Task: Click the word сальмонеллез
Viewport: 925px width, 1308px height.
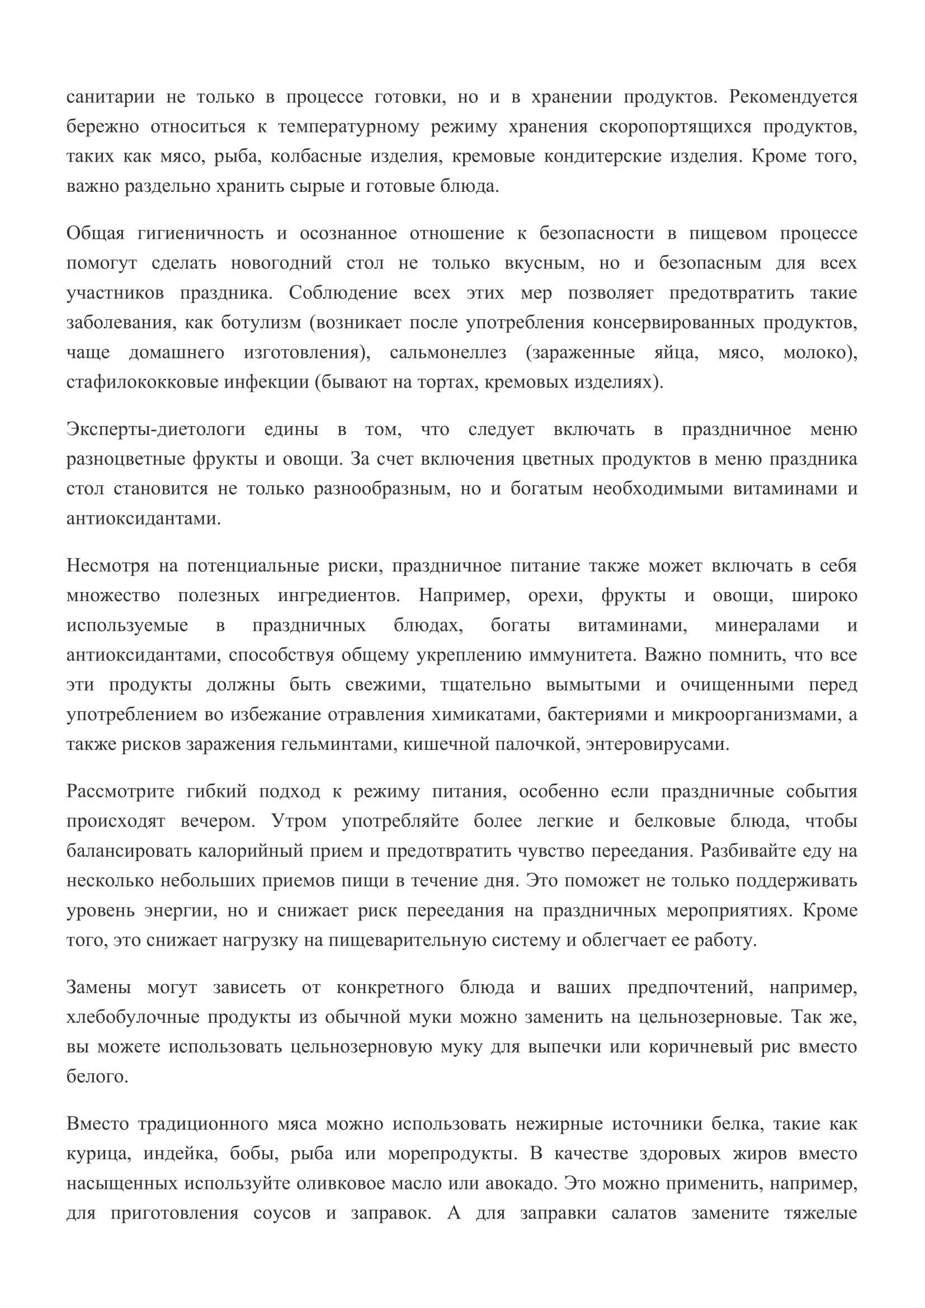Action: click(449, 352)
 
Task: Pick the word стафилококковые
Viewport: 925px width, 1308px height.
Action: click(141, 382)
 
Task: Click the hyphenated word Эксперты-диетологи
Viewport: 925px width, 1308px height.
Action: click(156, 429)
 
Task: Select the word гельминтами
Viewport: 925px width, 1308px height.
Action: click(337, 744)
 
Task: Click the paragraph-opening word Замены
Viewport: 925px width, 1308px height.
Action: click(98, 987)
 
